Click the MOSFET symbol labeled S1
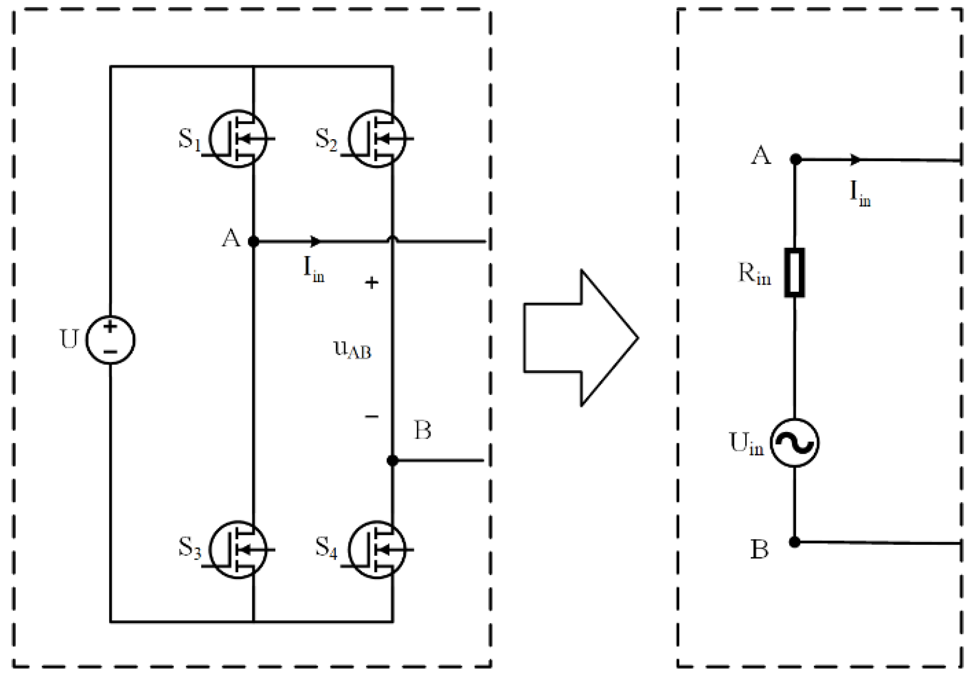click(238, 139)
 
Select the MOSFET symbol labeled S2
click(377, 139)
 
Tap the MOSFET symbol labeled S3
click(238, 549)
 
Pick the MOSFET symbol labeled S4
click(377, 549)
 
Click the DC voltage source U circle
click(110, 340)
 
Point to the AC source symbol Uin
click(794, 443)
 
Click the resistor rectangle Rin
click(794, 273)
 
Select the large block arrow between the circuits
click(580, 337)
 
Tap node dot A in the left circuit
click(253, 241)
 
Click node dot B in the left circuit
click(393, 460)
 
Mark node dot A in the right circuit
click(795, 159)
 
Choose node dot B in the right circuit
click(795, 542)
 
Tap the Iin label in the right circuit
click(860, 194)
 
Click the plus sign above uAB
click(372, 283)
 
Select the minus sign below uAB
click(372, 417)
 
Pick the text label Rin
click(754, 274)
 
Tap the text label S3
click(189, 547)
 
